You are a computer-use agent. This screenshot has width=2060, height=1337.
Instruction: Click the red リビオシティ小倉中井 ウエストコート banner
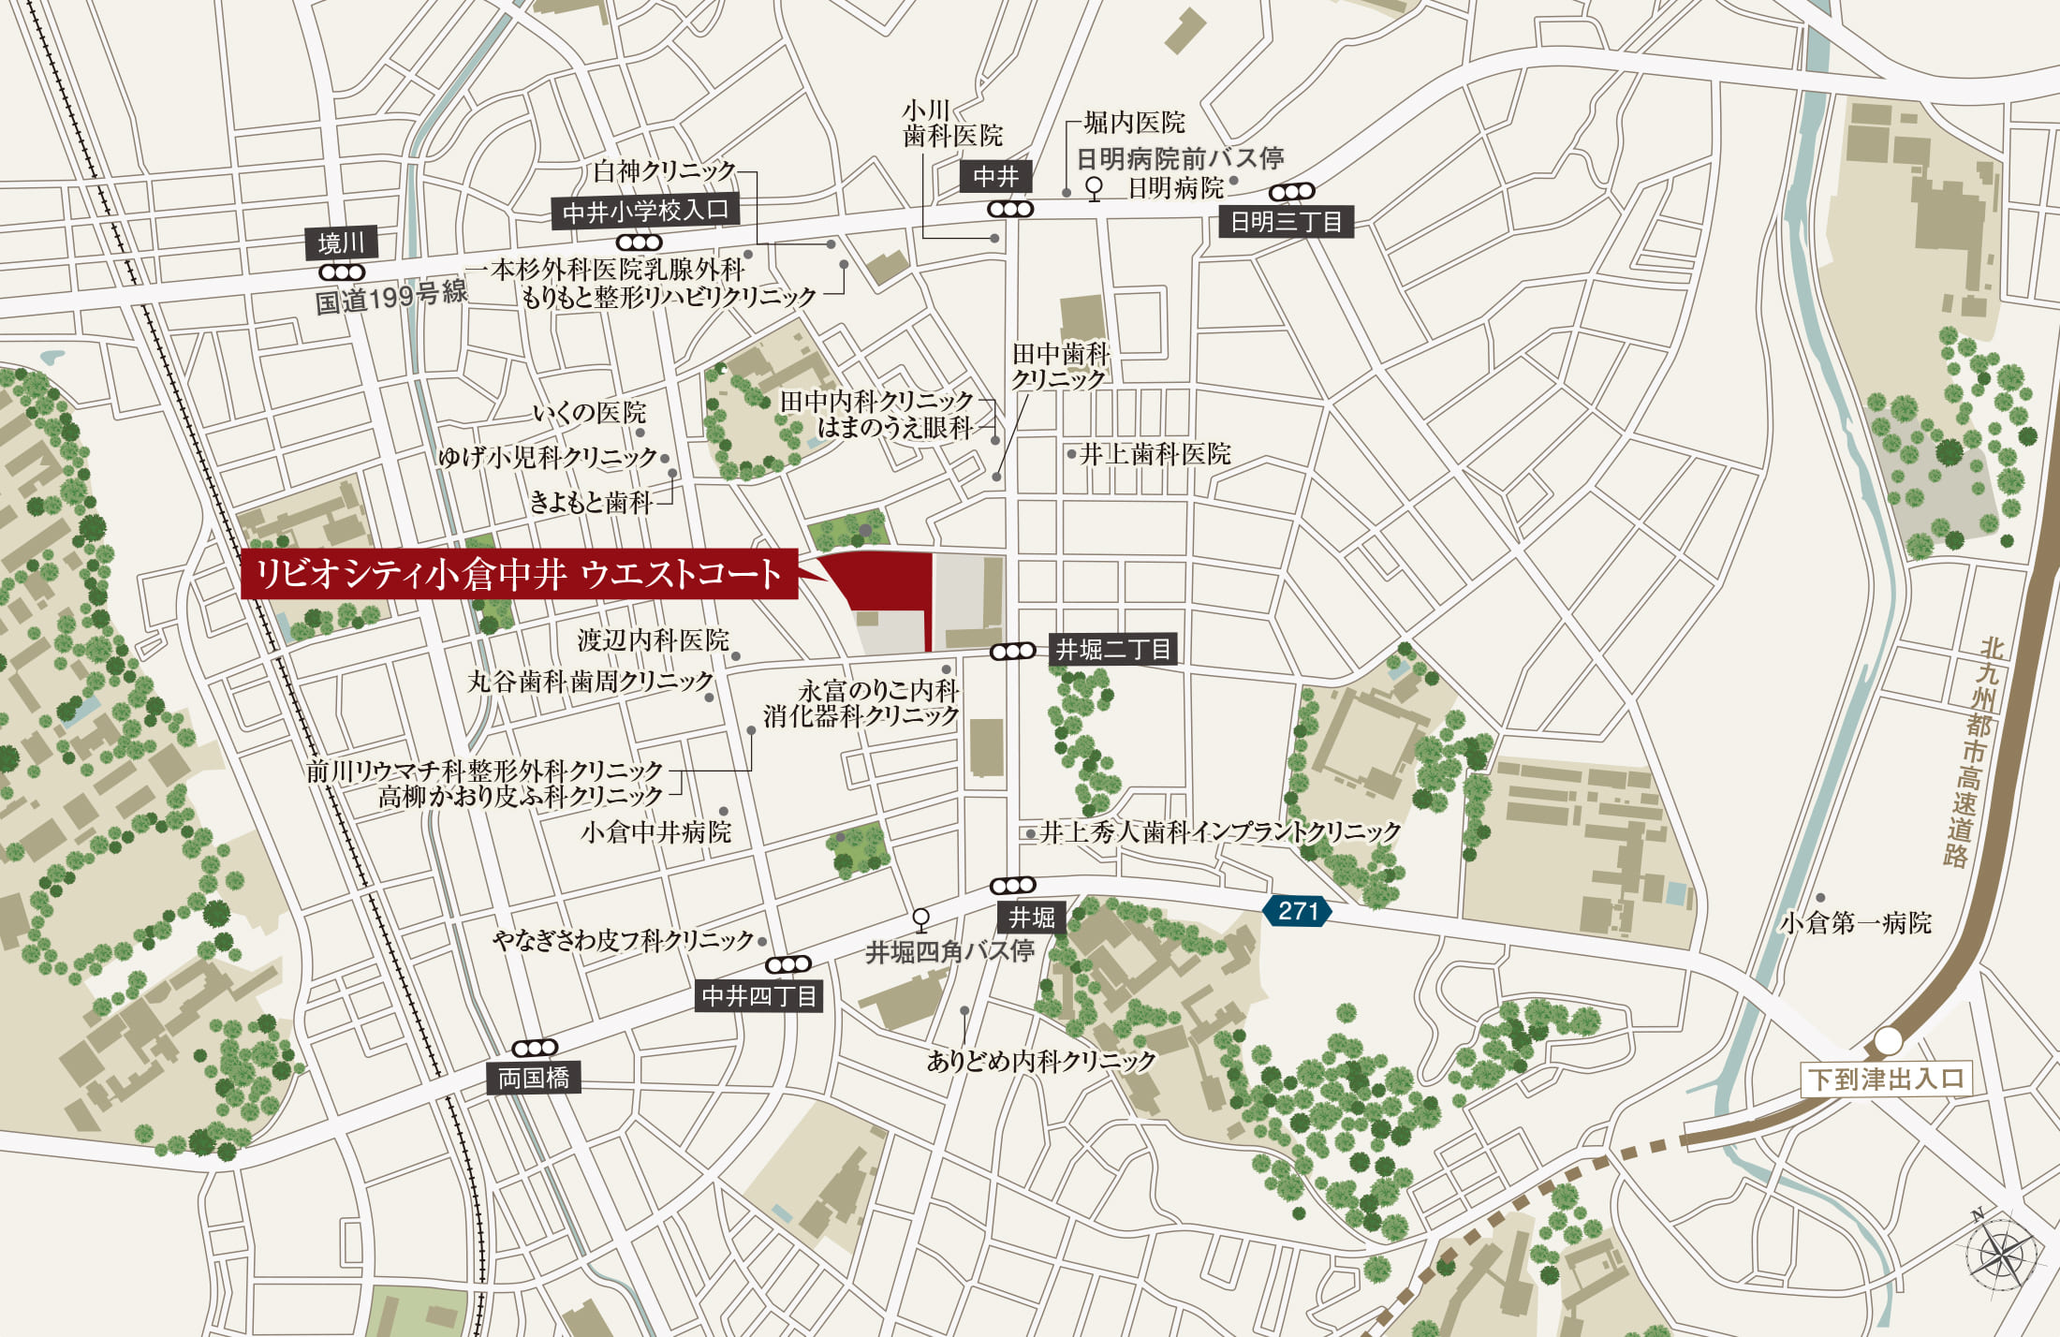[x=519, y=574]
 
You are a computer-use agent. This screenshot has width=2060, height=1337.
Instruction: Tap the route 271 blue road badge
[x=1297, y=911]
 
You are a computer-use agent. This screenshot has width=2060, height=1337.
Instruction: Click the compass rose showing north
[x=2004, y=1255]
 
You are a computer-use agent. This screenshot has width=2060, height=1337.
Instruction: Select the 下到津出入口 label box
[x=1887, y=1079]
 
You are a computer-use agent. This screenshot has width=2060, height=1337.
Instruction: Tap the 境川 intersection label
[x=342, y=243]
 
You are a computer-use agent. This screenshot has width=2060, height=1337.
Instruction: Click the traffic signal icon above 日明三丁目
[x=1292, y=192]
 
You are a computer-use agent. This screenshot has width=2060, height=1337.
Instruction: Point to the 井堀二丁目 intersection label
[x=1112, y=650]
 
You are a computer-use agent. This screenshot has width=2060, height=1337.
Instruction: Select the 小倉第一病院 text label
[x=1856, y=923]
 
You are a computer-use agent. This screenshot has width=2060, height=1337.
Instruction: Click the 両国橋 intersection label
[x=534, y=1079]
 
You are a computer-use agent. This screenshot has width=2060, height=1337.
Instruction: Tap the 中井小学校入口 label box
[x=645, y=212]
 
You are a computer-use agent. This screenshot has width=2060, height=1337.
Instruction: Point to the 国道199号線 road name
[x=390, y=298]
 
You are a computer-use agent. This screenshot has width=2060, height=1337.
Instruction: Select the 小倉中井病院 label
[x=655, y=832]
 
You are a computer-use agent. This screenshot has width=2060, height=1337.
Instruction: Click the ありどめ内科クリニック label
[x=1041, y=1061]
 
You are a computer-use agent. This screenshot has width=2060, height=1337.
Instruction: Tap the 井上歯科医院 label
[x=1155, y=455]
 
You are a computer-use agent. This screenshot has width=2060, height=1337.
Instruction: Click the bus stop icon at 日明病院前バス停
[x=1094, y=188]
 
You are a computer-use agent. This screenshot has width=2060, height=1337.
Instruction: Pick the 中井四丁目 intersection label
[x=759, y=996]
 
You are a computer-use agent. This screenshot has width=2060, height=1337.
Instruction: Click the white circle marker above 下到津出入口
[x=1889, y=1040]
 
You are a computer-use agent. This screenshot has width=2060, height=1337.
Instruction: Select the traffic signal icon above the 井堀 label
[x=1013, y=886]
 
